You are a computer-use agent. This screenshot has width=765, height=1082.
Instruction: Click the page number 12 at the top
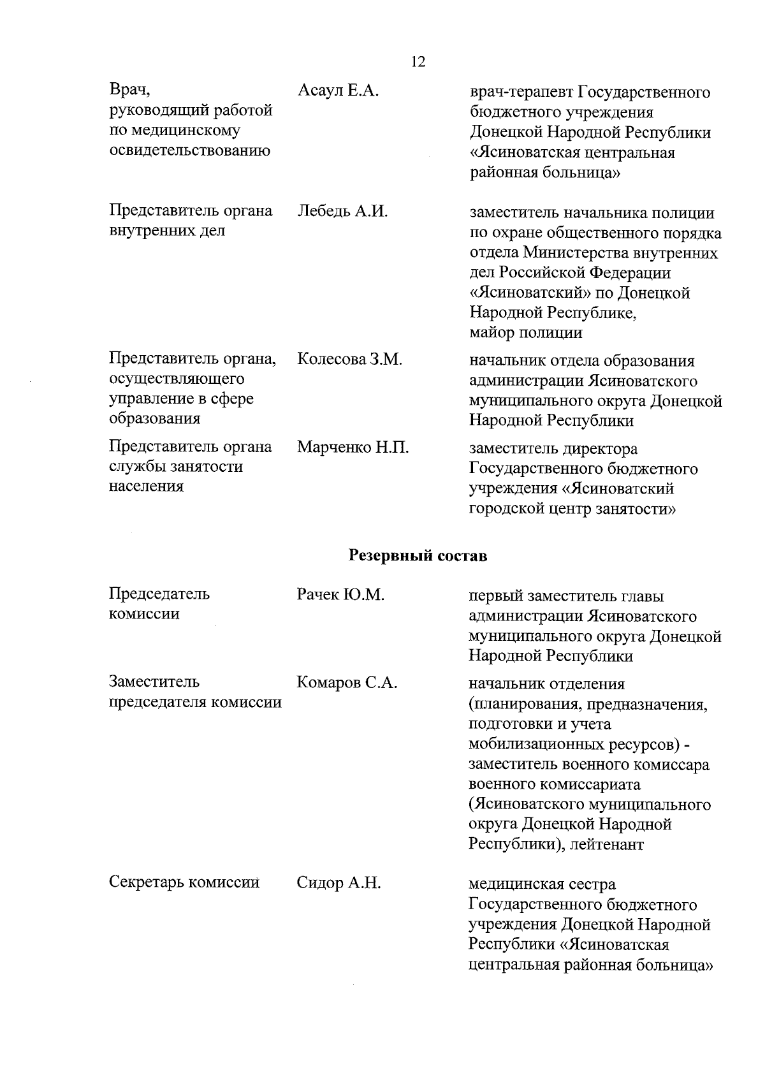point(418,62)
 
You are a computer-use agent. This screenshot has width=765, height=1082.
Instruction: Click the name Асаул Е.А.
point(338,91)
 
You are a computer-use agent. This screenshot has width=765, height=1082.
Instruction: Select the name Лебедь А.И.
point(342,211)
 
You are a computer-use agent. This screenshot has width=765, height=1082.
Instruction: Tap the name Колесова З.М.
point(349,360)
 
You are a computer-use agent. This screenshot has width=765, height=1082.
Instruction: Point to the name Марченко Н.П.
point(353,448)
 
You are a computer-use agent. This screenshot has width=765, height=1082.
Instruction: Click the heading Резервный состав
point(418,556)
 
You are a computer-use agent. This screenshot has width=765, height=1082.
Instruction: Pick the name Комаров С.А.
point(347,684)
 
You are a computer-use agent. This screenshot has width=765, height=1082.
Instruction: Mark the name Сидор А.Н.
point(339,884)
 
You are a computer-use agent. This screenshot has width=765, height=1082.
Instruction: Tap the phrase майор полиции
point(525,333)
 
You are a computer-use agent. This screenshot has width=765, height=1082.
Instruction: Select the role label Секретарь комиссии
point(184,883)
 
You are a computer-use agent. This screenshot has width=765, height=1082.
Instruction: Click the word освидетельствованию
point(189,150)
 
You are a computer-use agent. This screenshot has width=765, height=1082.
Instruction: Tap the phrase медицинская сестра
point(542,885)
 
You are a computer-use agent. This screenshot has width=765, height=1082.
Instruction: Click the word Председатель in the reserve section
point(159,594)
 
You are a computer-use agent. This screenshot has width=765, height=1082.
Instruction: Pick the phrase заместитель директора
point(553,449)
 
